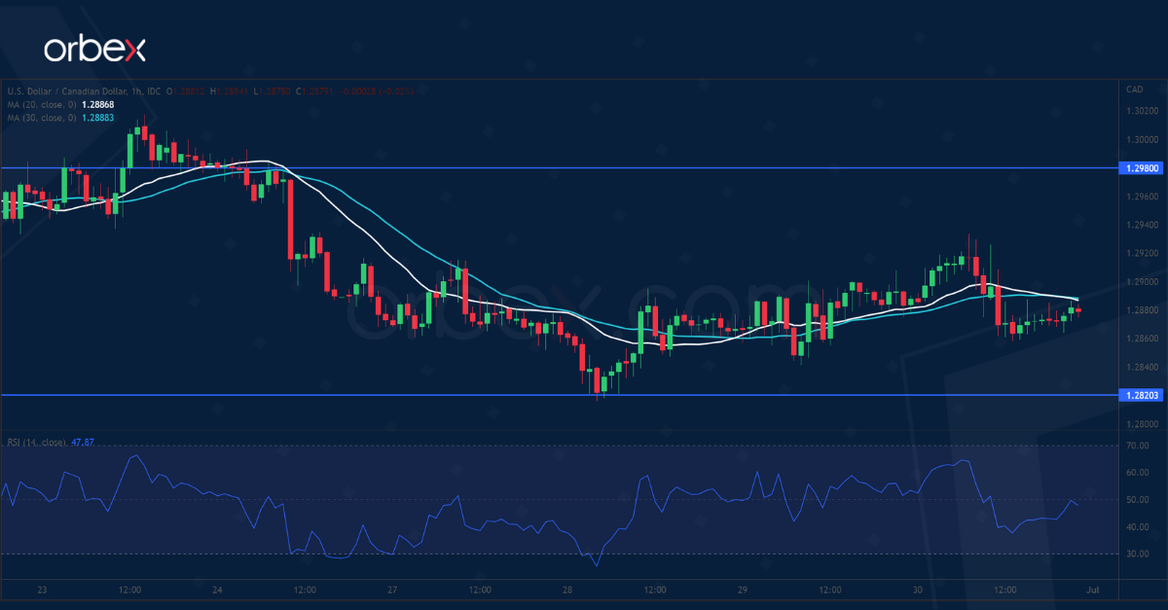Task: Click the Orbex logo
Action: pos(94,50)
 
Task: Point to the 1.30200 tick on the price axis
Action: pos(1142,111)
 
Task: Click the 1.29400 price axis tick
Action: pos(1142,225)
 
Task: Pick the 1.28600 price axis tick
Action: pos(1142,339)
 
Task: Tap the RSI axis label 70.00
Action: pos(1137,446)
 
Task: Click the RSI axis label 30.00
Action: pos(1137,555)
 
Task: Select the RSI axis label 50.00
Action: pos(1137,500)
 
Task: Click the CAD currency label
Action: pos(1134,90)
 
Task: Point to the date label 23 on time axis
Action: pos(42,590)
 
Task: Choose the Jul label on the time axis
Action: pos(1093,590)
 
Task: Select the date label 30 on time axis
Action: pos(918,590)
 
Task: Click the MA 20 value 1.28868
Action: pos(96,104)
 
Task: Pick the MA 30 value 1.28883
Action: pos(96,118)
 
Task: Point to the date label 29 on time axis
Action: pos(743,590)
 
